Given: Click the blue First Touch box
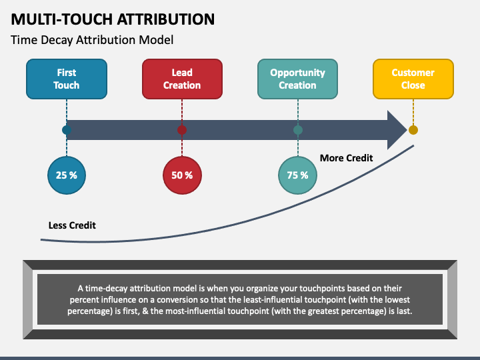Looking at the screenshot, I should (x=66, y=79).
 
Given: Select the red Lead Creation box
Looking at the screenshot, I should (x=181, y=79).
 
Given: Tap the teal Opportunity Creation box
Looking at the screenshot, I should (x=297, y=79).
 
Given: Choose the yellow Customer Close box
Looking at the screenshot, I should (x=413, y=79).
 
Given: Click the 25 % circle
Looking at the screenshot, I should (x=66, y=175).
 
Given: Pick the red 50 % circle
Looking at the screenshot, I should (x=181, y=175).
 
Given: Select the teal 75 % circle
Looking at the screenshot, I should (x=297, y=175).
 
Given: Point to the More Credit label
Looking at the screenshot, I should (x=346, y=158).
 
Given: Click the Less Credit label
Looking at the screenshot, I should (x=72, y=225).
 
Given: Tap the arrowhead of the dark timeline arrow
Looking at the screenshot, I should (x=397, y=130).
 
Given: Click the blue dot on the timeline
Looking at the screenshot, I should (x=66, y=130).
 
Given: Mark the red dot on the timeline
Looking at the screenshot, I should (x=181, y=130).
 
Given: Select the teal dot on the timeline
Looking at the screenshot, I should (x=297, y=130).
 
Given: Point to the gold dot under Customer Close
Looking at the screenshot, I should (x=413, y=130).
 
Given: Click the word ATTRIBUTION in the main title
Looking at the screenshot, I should (x=163, y=19).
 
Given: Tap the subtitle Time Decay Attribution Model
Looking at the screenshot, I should (x=92, y=40).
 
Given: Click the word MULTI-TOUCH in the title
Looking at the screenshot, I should (x=59, y=19).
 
